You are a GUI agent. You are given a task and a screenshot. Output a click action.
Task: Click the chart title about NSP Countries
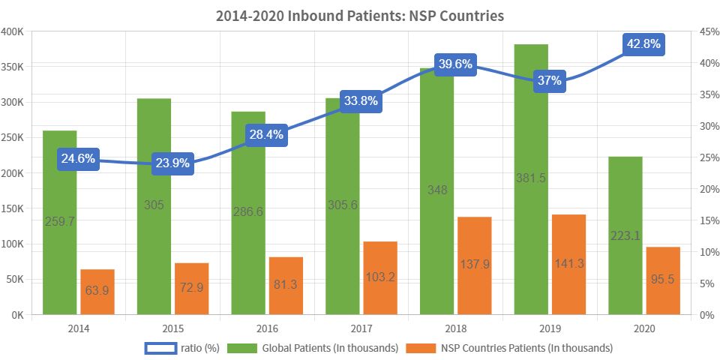click(359, 16)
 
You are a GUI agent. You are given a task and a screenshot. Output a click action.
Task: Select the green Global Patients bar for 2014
click(60, 247)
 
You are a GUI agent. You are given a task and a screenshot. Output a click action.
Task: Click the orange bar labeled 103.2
click(379, 278)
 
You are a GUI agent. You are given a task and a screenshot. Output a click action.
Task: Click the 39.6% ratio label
click(454, 64)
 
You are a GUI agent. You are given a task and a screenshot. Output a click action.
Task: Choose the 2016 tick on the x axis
click(267, 328)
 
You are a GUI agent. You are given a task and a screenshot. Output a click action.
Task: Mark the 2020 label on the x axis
click(643, 328)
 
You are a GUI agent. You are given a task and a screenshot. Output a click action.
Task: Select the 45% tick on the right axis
click(706, 31)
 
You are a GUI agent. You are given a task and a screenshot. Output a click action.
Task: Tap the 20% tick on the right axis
click(706, 189)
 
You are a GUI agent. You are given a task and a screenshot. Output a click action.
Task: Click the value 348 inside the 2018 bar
click(437, 190)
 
